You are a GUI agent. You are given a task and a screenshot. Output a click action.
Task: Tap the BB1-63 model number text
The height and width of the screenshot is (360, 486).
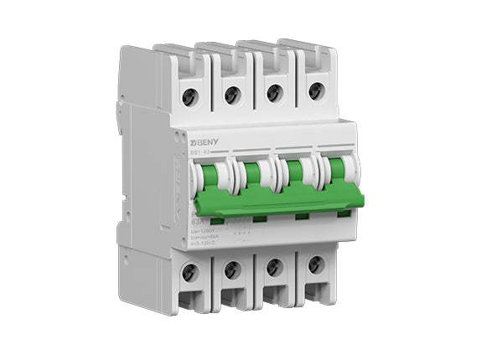pos(200,153)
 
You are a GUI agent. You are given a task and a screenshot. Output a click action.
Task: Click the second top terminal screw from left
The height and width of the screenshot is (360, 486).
pos(233,95)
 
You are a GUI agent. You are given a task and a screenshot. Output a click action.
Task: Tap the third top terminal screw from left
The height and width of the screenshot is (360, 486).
pos(274,92)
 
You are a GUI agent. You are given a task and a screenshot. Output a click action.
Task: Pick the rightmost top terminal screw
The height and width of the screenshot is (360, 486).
pos(316,90)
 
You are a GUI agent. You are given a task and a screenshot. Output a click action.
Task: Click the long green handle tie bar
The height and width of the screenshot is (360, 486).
pos(277,201)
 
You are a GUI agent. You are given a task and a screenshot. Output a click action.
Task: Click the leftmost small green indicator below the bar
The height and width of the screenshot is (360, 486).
pos(217,221)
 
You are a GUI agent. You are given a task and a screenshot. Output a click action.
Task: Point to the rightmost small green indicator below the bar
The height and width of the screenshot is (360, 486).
pos(344,214)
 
